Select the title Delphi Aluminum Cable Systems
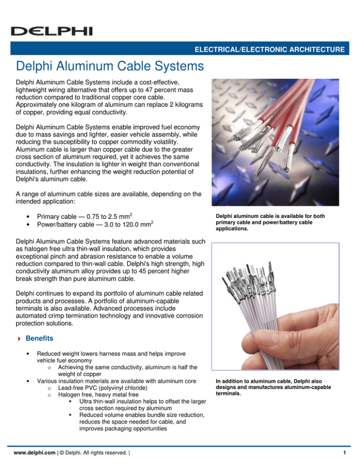coord(109,67)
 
